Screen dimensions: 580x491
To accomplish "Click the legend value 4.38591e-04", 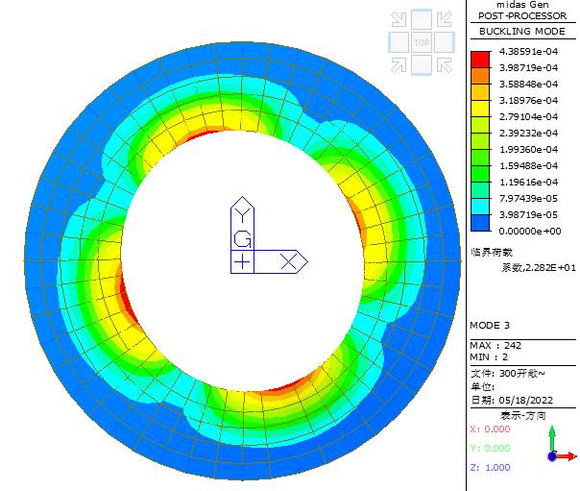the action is pos(528,52).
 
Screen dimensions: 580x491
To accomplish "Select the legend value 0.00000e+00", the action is pos(530,232).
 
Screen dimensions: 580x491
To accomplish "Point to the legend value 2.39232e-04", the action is pos(528,133).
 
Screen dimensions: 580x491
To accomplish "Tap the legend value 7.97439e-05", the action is pos(528,198).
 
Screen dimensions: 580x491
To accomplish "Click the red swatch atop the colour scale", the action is pos(480,60).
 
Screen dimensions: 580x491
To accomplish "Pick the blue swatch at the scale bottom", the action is pos(480,223).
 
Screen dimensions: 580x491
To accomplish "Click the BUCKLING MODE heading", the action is pos(522,32).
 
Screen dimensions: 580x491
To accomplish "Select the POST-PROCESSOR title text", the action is pos(522,16).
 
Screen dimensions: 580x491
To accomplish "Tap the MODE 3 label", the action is pos(490,325).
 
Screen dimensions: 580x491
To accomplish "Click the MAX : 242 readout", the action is pos(495,346).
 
